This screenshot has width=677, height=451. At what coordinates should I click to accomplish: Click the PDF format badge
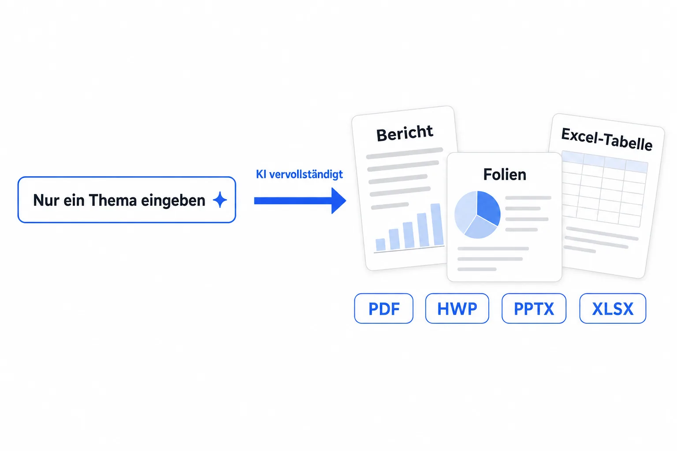click(383, 308)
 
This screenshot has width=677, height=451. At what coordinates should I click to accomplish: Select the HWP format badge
click(457, 308)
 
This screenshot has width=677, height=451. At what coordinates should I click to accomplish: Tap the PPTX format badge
click(534, 308)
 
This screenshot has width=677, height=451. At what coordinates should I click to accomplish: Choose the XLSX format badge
click(613, 308)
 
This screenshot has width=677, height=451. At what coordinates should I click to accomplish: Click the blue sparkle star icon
click(220, 200)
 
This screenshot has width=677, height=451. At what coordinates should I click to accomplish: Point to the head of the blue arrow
click(346, 200)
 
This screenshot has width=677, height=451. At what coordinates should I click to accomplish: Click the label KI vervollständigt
click(299, 174)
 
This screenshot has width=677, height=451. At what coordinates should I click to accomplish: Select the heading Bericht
click(404, 133)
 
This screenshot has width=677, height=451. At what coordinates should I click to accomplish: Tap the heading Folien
click(504, 174)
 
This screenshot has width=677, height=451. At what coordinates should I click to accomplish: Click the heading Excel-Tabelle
click(606, 139)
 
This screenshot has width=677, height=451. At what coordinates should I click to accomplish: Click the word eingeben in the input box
click(173, 201)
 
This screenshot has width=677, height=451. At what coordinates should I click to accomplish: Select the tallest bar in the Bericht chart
click(437, 224)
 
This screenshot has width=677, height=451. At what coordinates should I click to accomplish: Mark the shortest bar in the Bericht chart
click(380, 245)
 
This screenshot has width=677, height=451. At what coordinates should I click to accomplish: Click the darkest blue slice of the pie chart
click(488, 208)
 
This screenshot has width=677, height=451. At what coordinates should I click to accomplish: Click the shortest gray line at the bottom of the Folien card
click(477, 269)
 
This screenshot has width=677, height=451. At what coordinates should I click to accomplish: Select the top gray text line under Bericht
click(404, 153)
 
